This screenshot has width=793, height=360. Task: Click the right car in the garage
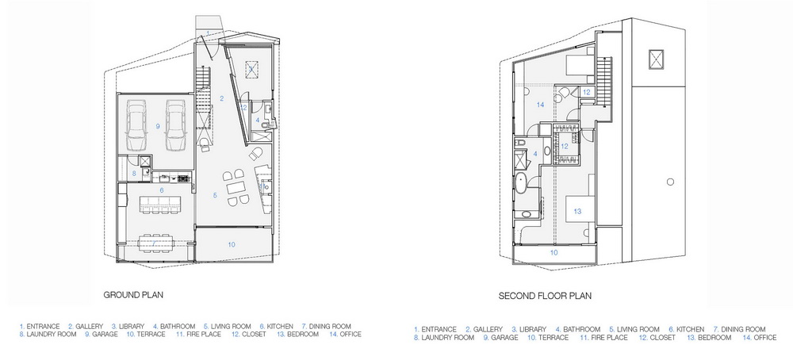click(175, 124)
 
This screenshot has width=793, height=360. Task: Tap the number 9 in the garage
click(158, 126)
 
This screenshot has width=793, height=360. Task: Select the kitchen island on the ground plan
click(160, 204)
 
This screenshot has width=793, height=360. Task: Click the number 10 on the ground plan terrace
click(231, 245)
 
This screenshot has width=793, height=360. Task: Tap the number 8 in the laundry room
click(134, 173)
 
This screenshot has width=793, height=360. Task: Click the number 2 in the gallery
click(221, 98)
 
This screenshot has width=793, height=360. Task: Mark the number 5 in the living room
click(215, 194)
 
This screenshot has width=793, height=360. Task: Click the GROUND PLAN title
click(133, 295)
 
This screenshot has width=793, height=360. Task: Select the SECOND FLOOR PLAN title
click(545, 296)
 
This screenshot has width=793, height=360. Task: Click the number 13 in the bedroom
click(577, 212)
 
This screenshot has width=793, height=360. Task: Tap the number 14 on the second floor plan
click(541, 105)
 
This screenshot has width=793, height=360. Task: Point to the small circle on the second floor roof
click(670, 182)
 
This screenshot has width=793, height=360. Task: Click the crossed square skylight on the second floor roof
click(656, 58)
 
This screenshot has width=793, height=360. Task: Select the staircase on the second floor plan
click(603, 82)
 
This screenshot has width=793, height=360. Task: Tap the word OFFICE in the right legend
click(764, 337)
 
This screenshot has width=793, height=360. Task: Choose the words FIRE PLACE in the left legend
click(203, 334)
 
